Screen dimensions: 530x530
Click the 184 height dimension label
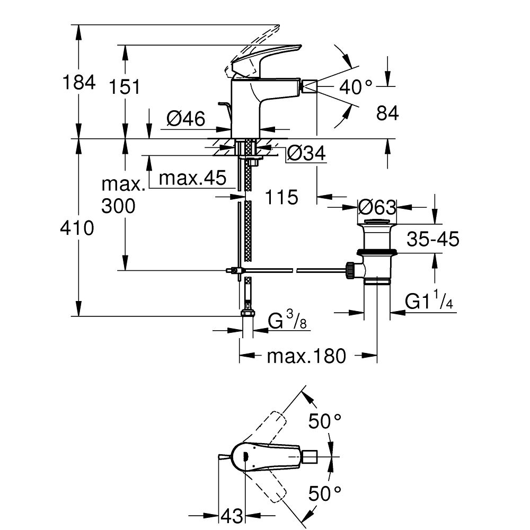[x=79, y=83]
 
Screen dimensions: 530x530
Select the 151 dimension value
[x=126, y=86]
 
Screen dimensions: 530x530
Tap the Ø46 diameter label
[x=185, y=120]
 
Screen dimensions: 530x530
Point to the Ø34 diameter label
[x=306, y=154]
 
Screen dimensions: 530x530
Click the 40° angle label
[x=356, y=86]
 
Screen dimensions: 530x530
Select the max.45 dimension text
[x=192, y=177]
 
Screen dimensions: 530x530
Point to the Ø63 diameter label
[x=377, y=206]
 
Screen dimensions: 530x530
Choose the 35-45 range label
[x=432, y=239]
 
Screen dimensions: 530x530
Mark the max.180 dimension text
[x=306, y=356]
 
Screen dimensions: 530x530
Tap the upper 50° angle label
[x=325, y=422]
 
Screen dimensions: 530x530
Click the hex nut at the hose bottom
[x=246, y=313]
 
